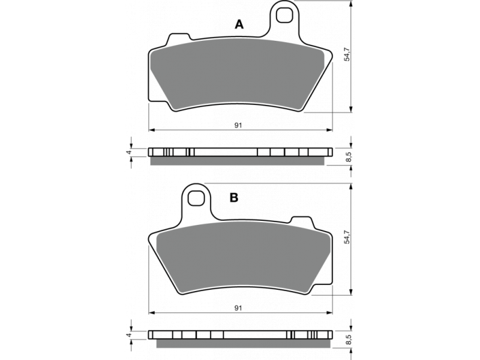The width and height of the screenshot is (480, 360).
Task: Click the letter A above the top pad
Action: pyautogui.click(x=239, y=24)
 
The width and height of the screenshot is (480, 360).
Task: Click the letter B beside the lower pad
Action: pyautogui.click(x=234, y=198)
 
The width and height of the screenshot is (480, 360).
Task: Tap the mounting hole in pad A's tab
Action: pyautogui.click(x=284, y=15)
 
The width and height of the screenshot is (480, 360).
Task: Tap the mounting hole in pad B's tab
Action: pyautogui.click(x=196, y=199)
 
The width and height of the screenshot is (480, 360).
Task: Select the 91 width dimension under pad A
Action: pyautogui.click(x=238, y=125)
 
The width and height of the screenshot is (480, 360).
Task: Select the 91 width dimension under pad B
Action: pyautogui.click(x=238, y=308)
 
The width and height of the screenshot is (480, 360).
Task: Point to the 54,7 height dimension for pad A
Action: pyautogui.click(x=347, y=54)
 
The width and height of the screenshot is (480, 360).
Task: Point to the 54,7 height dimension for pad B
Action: pyautogui.click(x=347, y=236)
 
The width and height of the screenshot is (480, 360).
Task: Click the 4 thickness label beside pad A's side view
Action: pyautogui.click(x=129, y=152)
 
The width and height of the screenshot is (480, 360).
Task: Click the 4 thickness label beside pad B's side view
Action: pyautogui.click(x=129, y=335)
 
